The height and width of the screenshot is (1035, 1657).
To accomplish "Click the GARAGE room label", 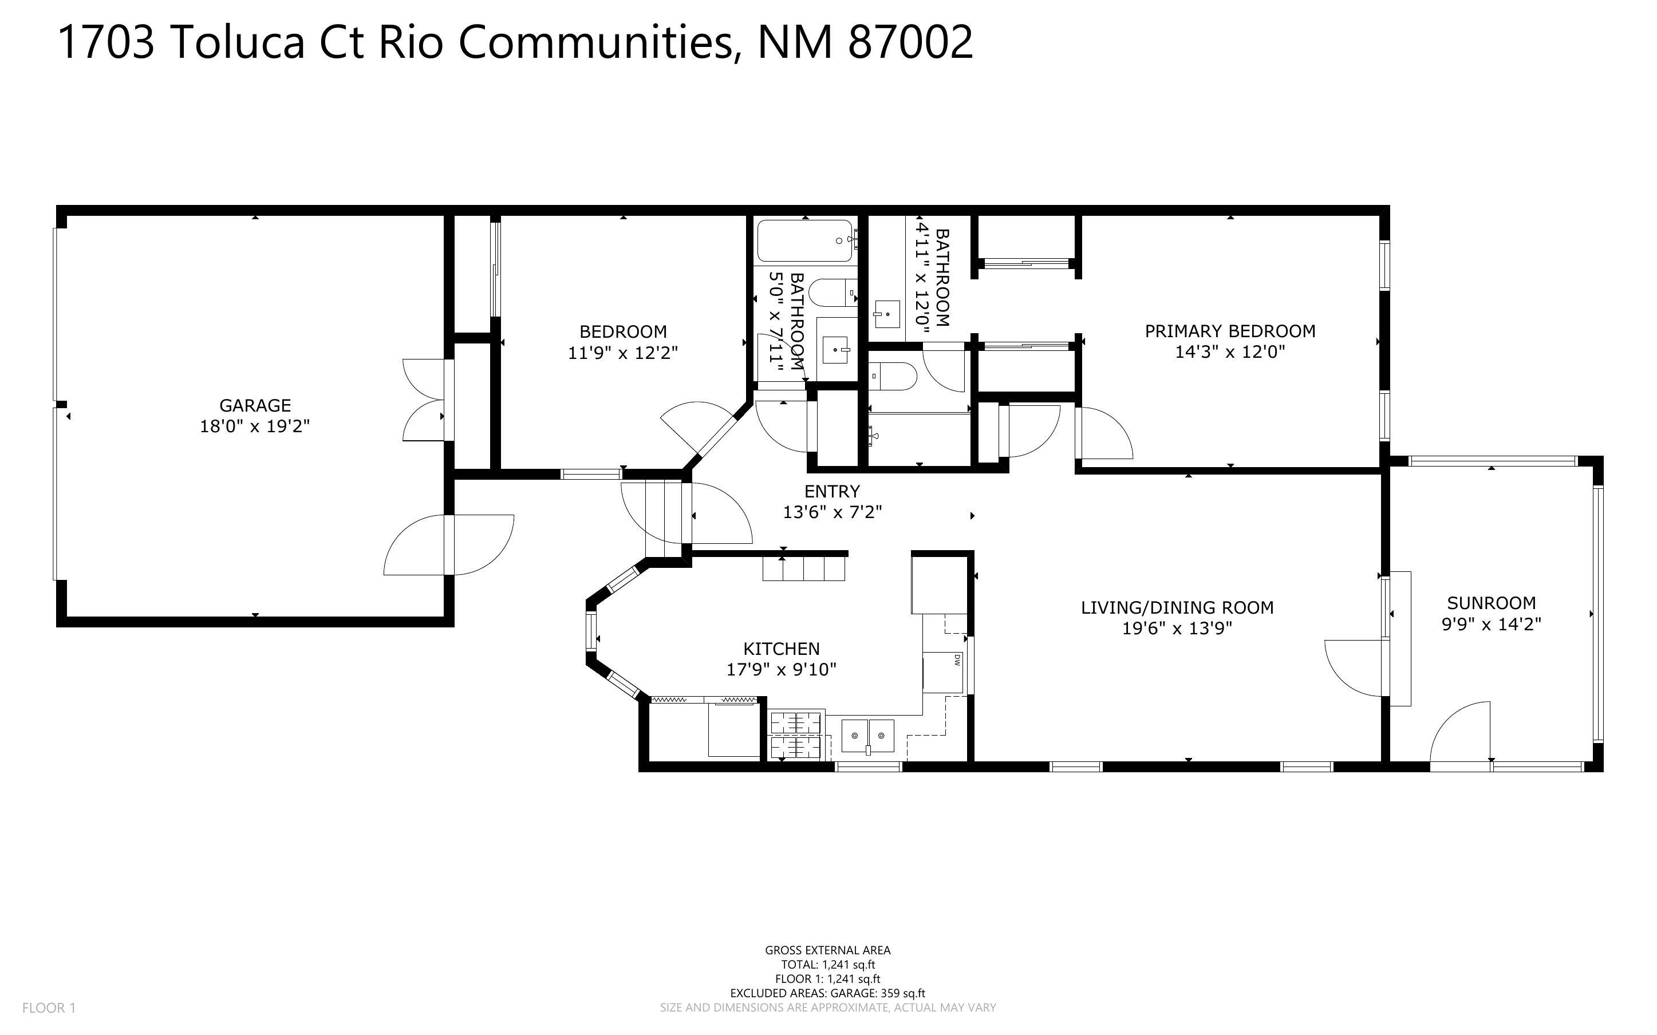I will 255,405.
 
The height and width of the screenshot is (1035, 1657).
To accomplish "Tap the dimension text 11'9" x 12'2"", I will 623,353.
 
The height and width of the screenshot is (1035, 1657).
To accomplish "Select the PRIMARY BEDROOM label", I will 1230,331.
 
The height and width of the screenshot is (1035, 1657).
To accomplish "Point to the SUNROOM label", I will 1492,603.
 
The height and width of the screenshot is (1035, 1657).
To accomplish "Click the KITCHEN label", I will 781,648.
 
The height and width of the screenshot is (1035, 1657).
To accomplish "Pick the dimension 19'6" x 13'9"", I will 1177,629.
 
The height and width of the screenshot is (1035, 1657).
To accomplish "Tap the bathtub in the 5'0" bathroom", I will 805,241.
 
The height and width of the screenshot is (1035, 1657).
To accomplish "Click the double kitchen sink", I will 867,736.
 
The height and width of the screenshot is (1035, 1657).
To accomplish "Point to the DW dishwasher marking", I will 957,660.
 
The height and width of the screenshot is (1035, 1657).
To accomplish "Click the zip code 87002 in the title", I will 910,42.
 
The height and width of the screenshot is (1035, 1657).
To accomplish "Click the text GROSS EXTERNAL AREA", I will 827,950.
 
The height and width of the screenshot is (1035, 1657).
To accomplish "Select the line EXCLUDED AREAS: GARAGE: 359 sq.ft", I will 827,993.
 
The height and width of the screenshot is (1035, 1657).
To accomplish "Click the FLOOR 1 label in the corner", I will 49,1008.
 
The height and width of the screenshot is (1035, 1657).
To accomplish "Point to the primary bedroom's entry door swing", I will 1104,433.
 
